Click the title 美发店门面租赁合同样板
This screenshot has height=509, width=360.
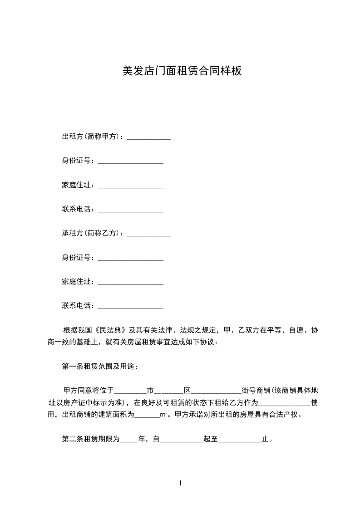pos(182,71)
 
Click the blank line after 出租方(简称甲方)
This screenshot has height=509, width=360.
pos(149,137)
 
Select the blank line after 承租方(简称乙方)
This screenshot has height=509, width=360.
pos(149,234)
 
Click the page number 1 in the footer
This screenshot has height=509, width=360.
pos(180,483)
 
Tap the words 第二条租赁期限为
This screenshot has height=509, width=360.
pos(91,439)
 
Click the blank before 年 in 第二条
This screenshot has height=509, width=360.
pos(129,440)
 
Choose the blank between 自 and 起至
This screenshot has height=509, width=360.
pos(182,440)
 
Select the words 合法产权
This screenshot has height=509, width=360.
pos(286,415)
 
